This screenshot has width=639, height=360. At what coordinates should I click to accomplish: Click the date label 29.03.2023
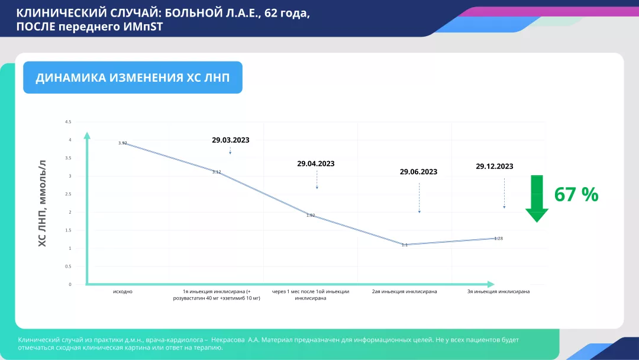pyautogui.click(x=230, y=140)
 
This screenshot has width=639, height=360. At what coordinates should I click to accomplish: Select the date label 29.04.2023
pyautogui.click(x=316, y=164)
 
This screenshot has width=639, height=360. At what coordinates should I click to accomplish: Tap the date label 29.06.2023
pyautogui.click(x=418, y=172)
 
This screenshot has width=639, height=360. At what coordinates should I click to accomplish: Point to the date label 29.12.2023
pyautogui.click(x=494, y=166)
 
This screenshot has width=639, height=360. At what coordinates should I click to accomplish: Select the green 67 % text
pyautogui.click(x=576, y=194)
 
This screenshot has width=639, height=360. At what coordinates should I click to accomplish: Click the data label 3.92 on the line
pyautogui.click(x=122, y=143)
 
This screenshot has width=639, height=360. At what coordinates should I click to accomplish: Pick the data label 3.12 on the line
pyautogui.click(x=217, y=172)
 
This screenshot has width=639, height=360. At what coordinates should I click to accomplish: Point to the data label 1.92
pyautogui.click(x=311, y=216)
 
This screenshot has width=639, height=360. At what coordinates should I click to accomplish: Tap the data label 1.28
pyautogui.click(x=498, y=239)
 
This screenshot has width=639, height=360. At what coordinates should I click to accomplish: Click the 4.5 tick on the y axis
pyautogui.click(x=68, y=122)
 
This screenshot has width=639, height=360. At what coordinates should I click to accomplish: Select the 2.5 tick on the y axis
pyautogui.click(x=68, y=194)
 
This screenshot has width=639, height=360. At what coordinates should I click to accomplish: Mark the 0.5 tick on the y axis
pyautogui.click(x=68, y=266)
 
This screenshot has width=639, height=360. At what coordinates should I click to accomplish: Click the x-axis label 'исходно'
pyautogui.click(x=122, y=292)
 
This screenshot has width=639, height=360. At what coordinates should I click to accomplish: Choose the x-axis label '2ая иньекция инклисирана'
pyautogui.click(x=405, y=292)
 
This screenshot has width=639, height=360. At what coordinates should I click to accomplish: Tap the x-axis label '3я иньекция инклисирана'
pyautogui.click(x=498, y=292)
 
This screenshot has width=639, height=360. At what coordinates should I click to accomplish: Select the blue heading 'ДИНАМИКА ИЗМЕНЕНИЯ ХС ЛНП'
pyautogui.click(x=133, y=78)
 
